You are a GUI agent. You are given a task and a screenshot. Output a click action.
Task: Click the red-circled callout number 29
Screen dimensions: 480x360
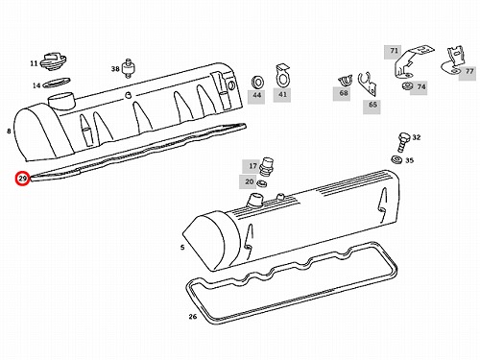pos(22,179)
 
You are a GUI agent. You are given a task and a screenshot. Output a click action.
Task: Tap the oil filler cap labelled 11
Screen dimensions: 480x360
pos(53,61)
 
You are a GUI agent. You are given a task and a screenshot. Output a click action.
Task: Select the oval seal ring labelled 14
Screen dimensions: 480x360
pos(57,83)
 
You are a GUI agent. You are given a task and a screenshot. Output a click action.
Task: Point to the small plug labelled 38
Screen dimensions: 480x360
pos(129,68)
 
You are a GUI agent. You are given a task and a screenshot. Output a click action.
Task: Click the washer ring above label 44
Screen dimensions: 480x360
pos(257,82)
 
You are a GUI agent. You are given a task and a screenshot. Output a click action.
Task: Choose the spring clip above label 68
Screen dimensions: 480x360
pos(345,81)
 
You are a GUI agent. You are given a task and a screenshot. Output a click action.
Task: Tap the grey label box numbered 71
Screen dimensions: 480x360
pos(394,52)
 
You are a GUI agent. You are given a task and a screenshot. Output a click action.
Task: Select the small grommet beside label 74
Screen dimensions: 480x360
pos(407,86)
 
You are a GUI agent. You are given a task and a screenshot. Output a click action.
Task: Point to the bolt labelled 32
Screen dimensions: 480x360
pos(403,142)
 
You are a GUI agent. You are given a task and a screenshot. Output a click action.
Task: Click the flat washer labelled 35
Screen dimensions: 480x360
pos(396,158)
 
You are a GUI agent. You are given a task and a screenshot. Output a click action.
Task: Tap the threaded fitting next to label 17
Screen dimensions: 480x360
pos(265,166)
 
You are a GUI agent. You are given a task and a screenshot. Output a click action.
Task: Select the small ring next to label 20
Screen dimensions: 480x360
pos(262,184)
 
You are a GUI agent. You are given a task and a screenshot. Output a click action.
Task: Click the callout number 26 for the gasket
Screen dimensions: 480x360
pos(193,317)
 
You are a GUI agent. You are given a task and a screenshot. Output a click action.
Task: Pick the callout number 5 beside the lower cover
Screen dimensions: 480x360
pos(182,247)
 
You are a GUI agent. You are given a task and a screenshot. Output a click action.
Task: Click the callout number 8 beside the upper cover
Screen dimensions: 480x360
pos(9,131)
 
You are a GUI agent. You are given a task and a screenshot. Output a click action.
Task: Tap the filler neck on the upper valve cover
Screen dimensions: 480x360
pos(61,102)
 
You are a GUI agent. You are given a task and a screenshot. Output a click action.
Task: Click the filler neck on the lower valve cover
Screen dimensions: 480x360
pos(254,201)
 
